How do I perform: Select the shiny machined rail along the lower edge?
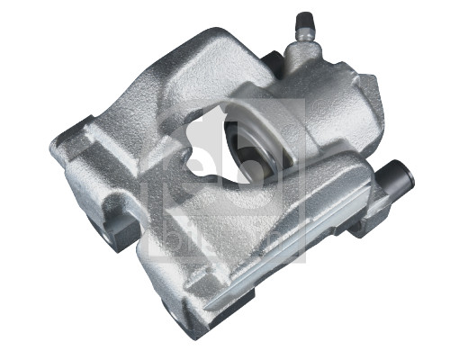[270, 270]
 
